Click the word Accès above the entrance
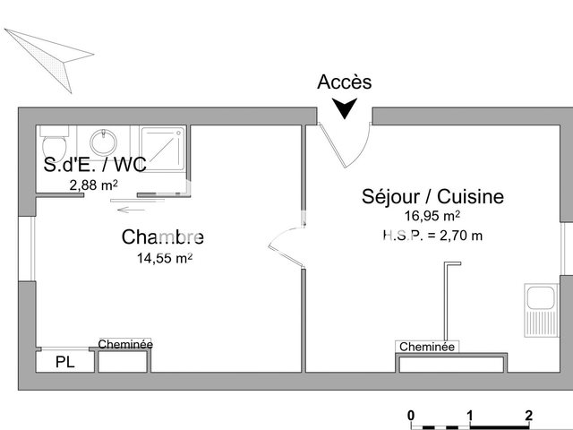[344, 82]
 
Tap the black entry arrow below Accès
[344, 109]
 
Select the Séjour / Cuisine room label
[432, 196]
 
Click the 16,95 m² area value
[432, 216]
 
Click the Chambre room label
[163, 237]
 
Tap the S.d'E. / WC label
[96, 165]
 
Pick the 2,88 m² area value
[94, 185]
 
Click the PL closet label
[64, 362]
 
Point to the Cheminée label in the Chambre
[125, 344]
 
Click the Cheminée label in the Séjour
[427, 347]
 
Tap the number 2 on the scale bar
[529, 415]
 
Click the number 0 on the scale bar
[410, 415]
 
